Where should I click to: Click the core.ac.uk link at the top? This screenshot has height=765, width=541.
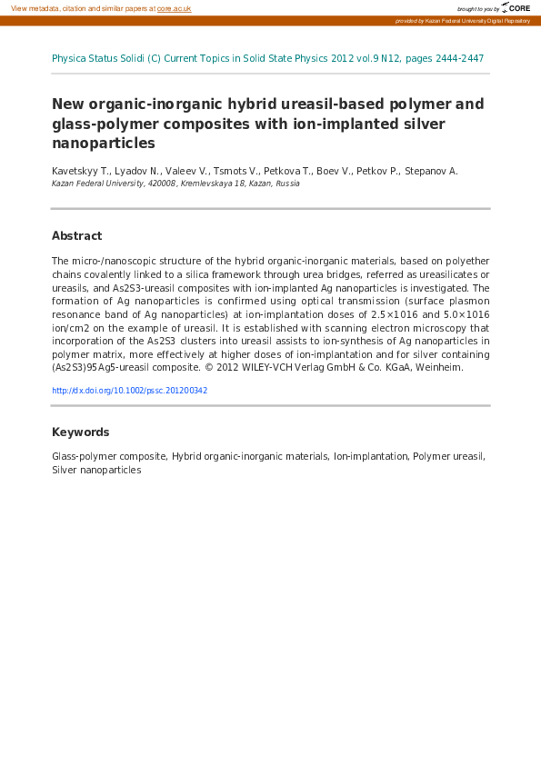click(174, 8)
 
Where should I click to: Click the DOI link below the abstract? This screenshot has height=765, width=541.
click(130, 391)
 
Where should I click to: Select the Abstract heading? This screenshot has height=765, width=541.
click(76, 236)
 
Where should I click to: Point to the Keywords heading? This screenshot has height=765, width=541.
click(81, 432)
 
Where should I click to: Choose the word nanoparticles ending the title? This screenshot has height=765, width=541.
click(104, 144)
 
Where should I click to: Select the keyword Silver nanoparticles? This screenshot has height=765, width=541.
click(96, 471)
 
